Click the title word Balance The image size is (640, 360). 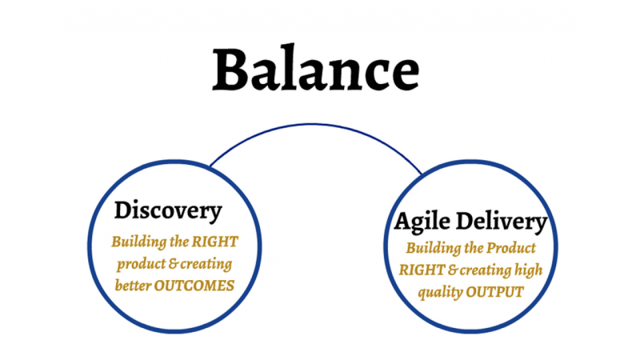315,68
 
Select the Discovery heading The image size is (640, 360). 168,211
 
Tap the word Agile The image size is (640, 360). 422,222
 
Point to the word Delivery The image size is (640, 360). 502,222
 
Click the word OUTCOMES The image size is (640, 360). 194,286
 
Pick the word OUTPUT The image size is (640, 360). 494,292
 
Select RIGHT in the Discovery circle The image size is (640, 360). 215,242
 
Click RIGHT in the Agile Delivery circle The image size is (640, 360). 422,270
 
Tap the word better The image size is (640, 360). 133,286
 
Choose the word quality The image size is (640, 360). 440,293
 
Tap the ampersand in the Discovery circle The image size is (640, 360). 173,264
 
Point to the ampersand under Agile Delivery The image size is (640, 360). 453,270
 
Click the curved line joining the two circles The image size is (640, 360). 314,125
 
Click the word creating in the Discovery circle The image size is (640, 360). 206,265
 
